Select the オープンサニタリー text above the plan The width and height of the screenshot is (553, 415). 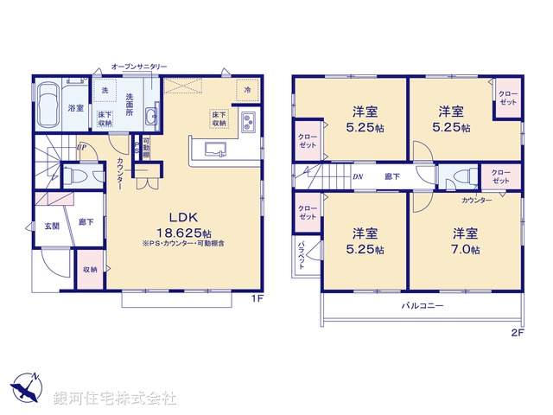pos(139,67)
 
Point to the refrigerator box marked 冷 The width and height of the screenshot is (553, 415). pos(247,90)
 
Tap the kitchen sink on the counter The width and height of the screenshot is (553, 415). pos(214,150)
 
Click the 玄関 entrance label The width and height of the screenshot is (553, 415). pos(53,226)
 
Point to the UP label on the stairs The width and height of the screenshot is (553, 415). pos(80,147)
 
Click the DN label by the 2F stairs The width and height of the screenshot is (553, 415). pos(357,176)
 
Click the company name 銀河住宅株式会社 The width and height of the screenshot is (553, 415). pos(114,399)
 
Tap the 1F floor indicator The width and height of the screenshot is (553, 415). pos(257,299)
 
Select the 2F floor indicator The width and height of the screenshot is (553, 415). pos(518,333)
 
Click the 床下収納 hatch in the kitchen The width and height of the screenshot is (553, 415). pos(219,118)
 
